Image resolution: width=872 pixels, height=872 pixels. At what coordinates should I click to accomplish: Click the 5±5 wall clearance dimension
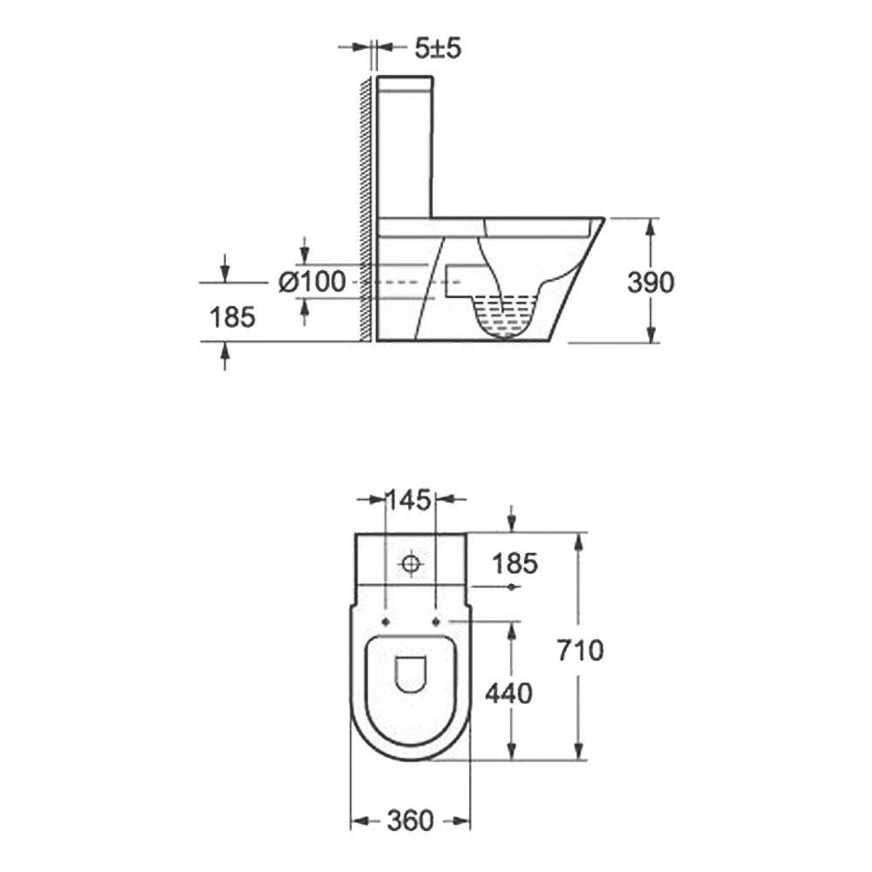pyautogui.click(x=439, y=48)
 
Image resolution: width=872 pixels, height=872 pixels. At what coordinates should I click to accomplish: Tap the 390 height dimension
pyautogui.click(x=651, y=282)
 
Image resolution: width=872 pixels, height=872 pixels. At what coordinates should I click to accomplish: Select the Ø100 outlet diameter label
pyautogui.click(x=312, y=282)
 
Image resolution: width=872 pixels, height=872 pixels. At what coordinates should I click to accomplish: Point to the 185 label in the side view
pyautogui.click(x=233, y=317)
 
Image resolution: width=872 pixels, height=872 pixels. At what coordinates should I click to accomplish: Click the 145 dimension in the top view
pyautogui.click(x=409, y=500)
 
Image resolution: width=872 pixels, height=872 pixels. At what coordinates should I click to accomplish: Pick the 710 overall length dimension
pyautogui.click(x=580, y=651)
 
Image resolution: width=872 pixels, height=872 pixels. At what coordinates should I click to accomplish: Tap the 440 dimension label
pyautogui.click(x=509, y=693)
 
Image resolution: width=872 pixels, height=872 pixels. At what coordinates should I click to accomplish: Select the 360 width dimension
pyautogui.click(x=410, y=821)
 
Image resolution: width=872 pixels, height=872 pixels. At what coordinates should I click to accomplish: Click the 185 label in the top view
pyautogui.click(x=515, y=564)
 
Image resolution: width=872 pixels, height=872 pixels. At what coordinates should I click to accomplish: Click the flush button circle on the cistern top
pyautogui.click(x=411, y=564)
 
